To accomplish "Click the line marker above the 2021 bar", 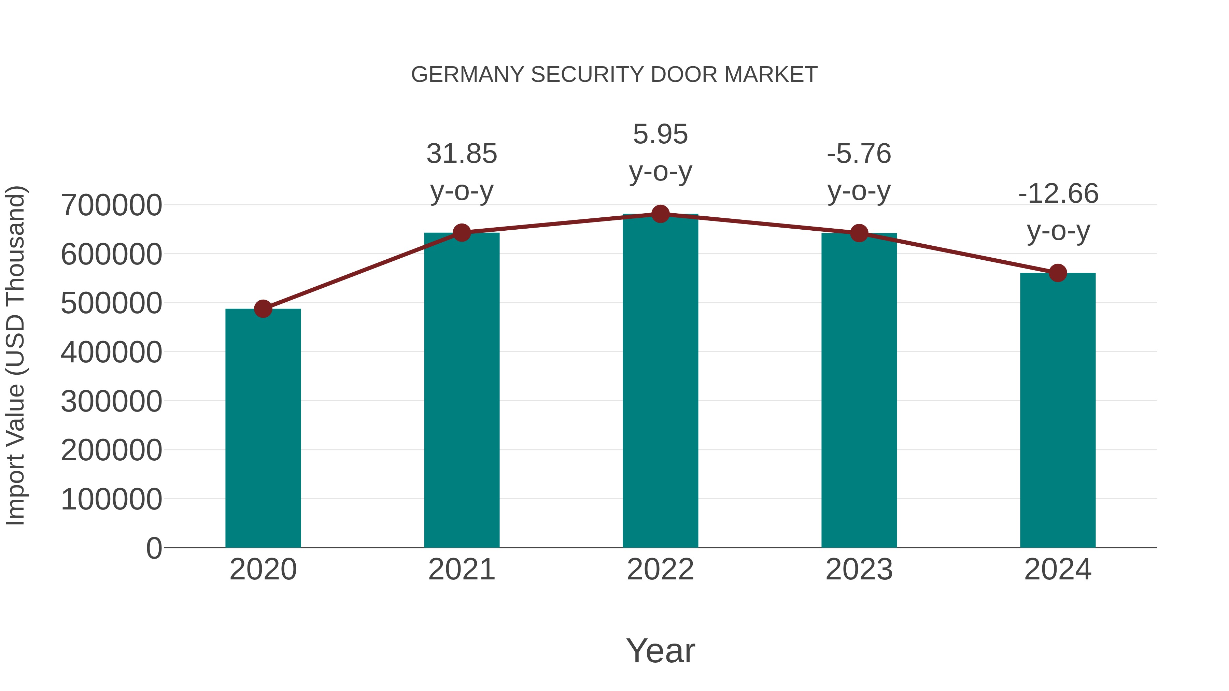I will pyautogui.click(x=462, y=233).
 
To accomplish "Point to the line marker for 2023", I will pyautogui.click(x=859, y=233).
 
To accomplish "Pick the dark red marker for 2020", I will pyautogui.click(x=263, y=309).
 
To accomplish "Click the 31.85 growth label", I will pyautogui.click(x=462, y=154).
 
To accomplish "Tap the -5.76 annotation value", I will pyautogui.click(x=859, y=154).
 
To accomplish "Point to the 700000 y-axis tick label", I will pyautogui.click(x=111, y=205).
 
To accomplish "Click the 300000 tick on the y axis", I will pyautogui.click(x=111, y=402).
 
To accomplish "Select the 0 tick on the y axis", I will pyautogui.click(x=154, y=548).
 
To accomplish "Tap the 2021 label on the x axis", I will pyautogui.click(x=462, y=570).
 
